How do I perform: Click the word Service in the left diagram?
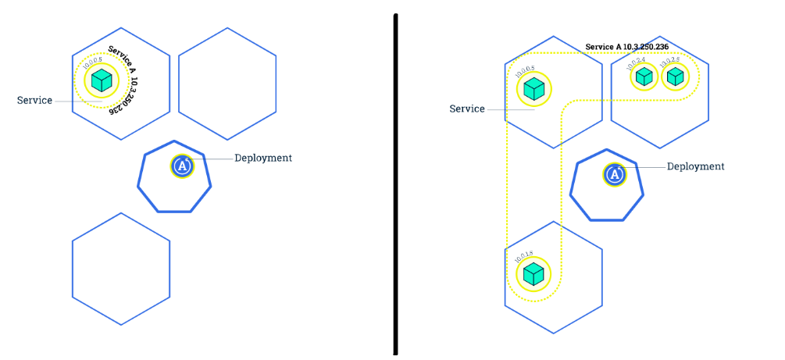point(34,101)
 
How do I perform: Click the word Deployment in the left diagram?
point(263,158)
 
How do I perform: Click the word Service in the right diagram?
point(467,109)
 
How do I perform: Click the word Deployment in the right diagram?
point(696,166)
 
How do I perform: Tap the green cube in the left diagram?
point(101,80)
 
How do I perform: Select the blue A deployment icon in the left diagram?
point(182,166)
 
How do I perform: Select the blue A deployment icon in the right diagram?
point(615,174)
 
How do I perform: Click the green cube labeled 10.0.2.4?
point(644,77)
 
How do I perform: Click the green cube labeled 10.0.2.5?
point(676,77)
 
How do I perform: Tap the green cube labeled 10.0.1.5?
point(533,273)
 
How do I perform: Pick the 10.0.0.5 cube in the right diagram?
point(533,89)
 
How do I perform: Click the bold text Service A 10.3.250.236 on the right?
point(627,47)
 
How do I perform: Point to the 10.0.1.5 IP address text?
point(524,255)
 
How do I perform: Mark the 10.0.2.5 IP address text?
point(669,61)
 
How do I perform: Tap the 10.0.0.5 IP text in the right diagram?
point(524,71)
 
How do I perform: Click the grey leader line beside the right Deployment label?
point(648,166)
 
